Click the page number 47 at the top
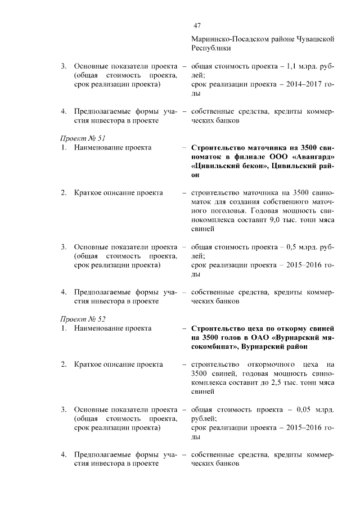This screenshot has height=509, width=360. pyautogui.click(x=197, y=25)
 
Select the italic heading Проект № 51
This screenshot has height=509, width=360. pyautogui.click(x=83, y=138)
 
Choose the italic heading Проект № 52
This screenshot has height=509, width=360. pyautogui.click(x=83, y=319)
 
